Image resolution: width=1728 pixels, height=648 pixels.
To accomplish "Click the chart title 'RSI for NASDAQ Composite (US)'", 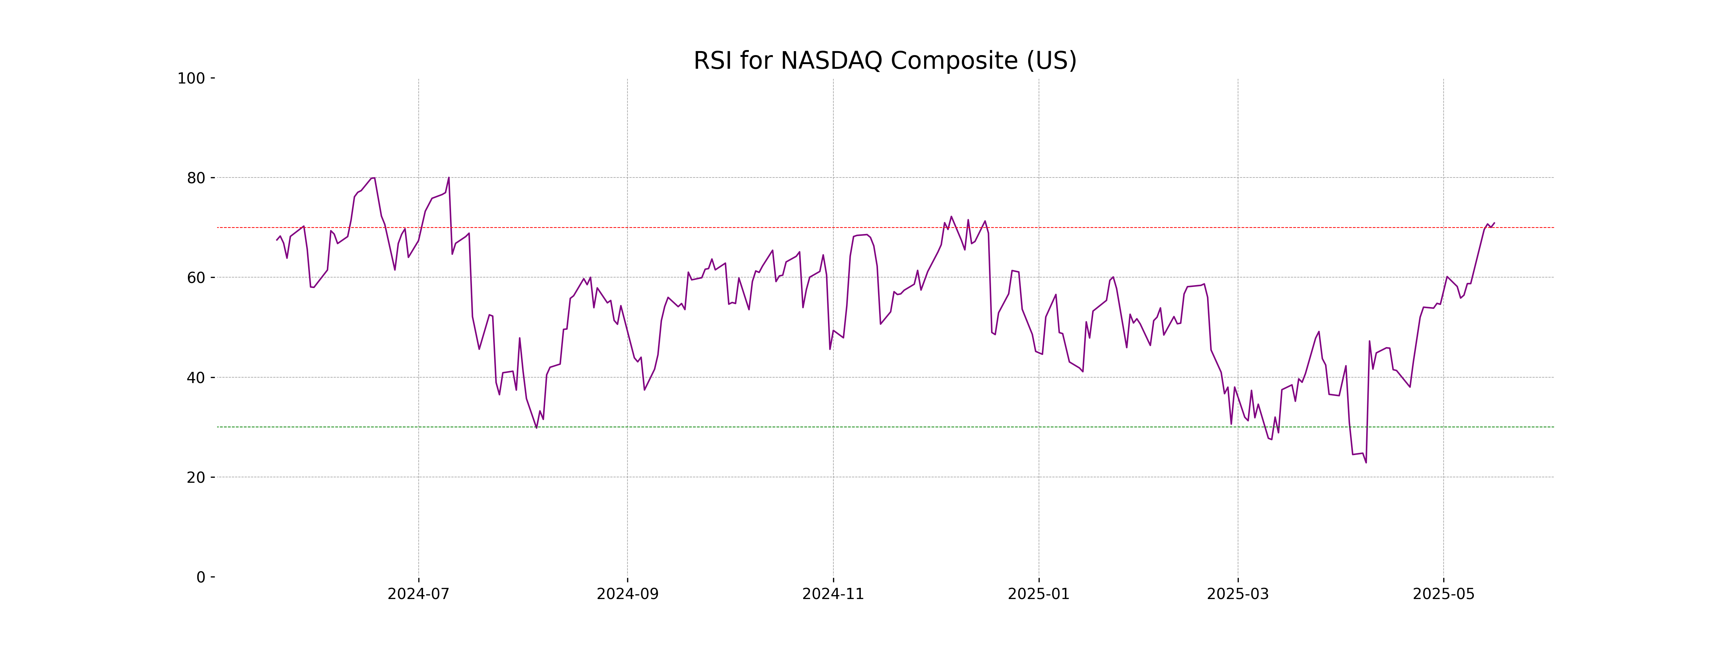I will click(x=885, y=61).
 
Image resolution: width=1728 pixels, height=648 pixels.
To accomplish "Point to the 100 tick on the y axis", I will click(x=191, y=78).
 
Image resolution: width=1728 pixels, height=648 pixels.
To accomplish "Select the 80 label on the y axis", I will click(x=196, y=179).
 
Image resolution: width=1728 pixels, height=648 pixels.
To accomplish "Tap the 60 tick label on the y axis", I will click(x=196, y=278).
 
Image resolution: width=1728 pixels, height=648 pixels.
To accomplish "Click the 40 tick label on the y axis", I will click(x=196, y=378).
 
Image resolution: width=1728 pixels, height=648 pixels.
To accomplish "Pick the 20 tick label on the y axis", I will click(x=196, y=478).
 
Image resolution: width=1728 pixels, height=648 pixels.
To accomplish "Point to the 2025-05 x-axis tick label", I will click(x=1444, y=594).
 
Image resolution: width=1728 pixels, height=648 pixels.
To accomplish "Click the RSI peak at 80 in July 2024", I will click(x=449, y=178).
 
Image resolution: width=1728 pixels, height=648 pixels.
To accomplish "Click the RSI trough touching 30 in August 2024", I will click(x=536, y=427).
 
